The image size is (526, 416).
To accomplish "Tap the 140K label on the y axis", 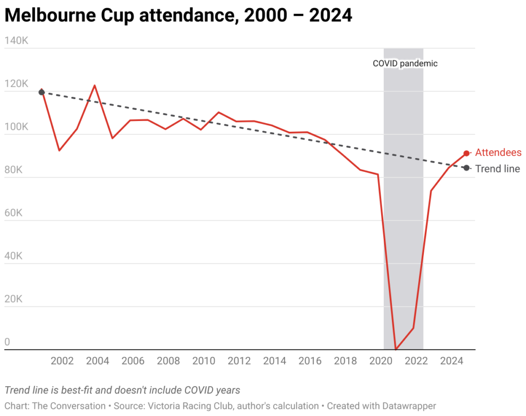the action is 17,41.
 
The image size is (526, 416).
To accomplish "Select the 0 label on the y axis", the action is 7,342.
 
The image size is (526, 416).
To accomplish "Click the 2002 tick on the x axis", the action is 62,361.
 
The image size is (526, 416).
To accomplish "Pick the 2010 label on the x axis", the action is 204,361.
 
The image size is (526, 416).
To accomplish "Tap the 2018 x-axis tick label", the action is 346,361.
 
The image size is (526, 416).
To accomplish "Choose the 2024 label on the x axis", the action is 452,361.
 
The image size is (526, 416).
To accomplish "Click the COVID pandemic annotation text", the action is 405,64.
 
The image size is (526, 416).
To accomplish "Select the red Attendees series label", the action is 498,152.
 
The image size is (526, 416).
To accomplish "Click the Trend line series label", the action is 497,169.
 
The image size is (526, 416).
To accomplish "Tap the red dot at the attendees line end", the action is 466,153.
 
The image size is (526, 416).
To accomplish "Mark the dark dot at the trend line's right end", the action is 466,168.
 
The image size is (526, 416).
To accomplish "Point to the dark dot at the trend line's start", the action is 42,92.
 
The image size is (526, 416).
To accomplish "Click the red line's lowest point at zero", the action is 396,349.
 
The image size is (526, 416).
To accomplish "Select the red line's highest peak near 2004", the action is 95,86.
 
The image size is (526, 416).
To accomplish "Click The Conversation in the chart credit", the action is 69,406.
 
